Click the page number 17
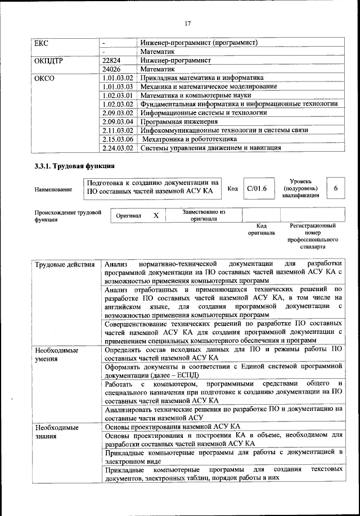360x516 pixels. [x=187, y=23]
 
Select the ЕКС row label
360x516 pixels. [x=42, y=42]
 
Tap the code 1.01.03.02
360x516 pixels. [x=118, y=78]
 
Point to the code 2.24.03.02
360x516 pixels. [x=118, y=148]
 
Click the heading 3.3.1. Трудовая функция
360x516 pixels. [x=74, y=167]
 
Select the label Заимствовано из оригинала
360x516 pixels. [x=204, y=216]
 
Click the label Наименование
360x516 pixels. [x=53, y=190]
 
